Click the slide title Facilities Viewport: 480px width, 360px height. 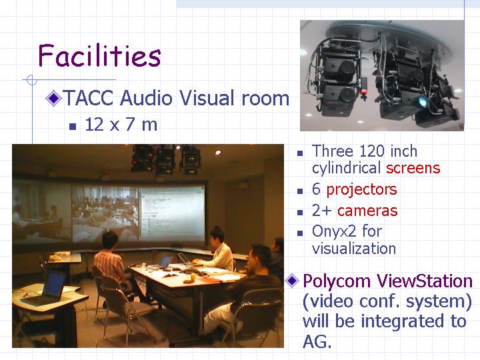tap(99, 55)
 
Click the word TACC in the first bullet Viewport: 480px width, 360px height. tap(89, 98)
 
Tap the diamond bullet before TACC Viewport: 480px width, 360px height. tap(53, 98)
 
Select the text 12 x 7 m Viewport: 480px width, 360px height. tap(121, 125)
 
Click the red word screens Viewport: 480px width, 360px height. tap(413, 168)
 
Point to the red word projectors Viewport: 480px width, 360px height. tap(361, 190)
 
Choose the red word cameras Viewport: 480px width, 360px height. tap(367, 211)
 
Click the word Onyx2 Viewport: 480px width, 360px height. tap(334, 231)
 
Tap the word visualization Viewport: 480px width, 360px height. tap(354, 248)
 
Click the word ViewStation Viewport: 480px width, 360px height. tap(425, 281)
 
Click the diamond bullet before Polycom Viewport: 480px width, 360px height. tap(292, 281)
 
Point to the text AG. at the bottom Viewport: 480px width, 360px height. tap(317, 341)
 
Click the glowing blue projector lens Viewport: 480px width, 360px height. tap(423, 101)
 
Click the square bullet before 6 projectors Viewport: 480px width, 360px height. tap(300, 191)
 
